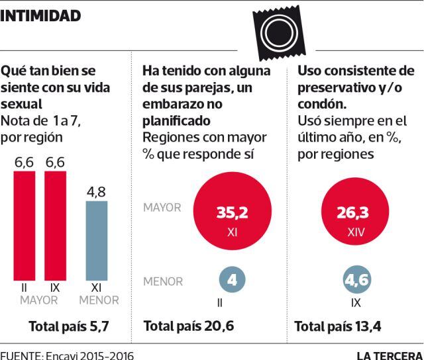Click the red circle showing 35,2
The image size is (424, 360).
point(232,218)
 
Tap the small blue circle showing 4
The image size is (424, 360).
point(232,280)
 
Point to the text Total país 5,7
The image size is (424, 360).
point(68,326)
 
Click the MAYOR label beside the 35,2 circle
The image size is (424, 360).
point(162,208)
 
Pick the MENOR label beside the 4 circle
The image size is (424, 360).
point(163,281)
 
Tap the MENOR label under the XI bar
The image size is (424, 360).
point(99,300)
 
